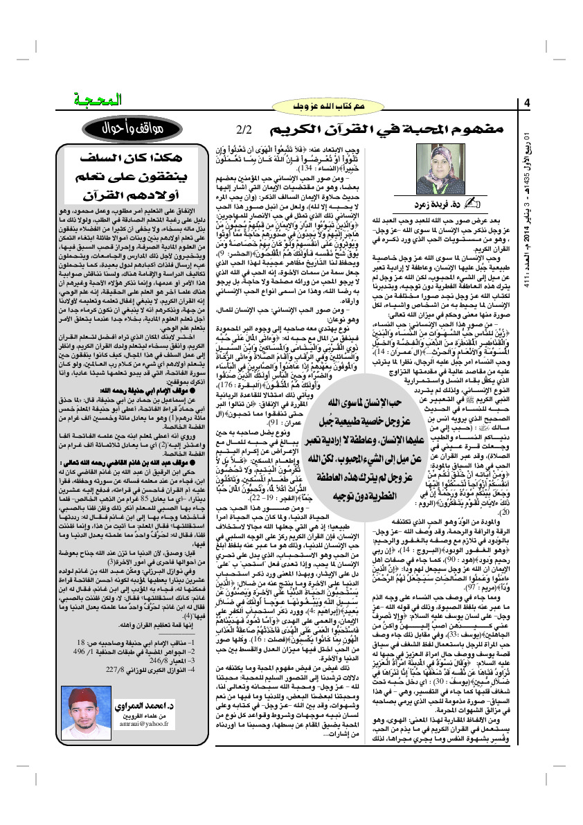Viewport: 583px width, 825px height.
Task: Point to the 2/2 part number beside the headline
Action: (245, 130)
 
